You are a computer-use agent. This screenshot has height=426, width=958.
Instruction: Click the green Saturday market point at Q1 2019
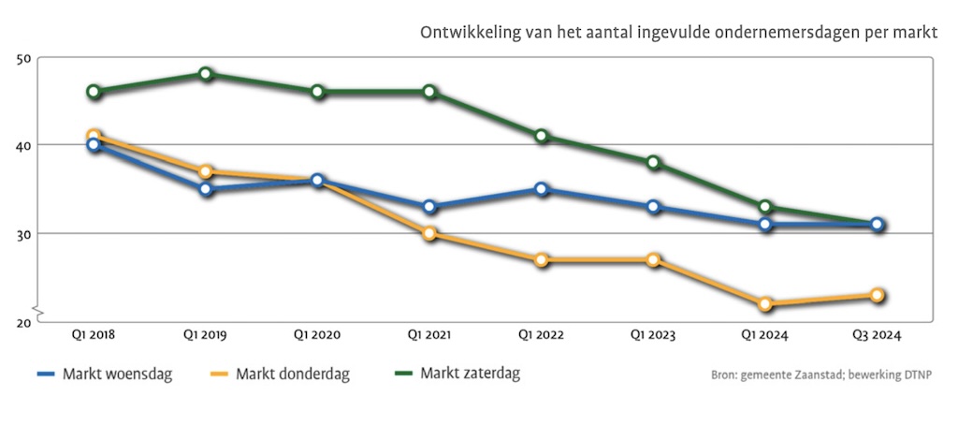tap(206, 74)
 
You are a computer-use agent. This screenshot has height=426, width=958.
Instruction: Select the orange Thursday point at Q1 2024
tap(766, 304)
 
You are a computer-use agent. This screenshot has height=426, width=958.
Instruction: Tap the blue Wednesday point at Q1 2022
tap(542, 189)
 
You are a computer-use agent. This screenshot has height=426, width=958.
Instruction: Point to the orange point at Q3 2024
tap(878, 295)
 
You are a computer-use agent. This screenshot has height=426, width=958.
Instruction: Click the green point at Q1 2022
tap(542, 136)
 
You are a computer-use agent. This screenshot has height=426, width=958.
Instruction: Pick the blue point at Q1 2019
tap(206, 189)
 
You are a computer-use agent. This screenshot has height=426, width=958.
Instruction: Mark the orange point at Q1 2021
tap(429, 233)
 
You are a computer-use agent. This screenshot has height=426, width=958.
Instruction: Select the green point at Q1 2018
tap(94, 92)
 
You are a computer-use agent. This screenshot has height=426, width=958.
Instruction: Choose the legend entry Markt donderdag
tap(292, 375)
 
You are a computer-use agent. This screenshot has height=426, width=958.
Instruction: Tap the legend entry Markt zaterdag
tap(470, 374)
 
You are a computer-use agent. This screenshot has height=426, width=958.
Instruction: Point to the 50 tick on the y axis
tap(24, 58)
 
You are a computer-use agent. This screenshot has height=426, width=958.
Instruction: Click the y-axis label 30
tap(24, 233)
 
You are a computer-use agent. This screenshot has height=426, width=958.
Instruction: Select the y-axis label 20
tap(24, 321)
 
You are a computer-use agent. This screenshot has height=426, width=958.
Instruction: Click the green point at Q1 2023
tap(654, 163)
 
